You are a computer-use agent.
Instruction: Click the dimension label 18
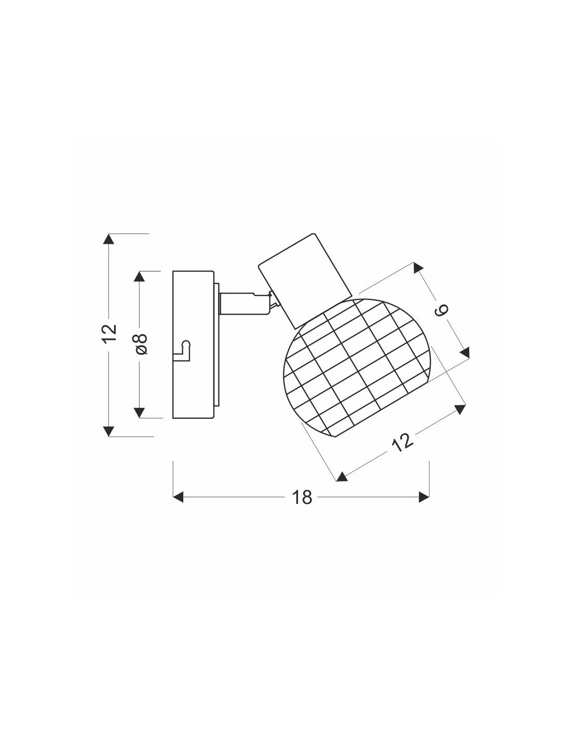click(302, 497)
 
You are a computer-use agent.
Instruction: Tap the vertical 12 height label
click(110, 333)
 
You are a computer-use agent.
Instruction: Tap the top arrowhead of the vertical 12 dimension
click(108, 239)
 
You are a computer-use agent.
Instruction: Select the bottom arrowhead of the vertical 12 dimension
click(108, 431)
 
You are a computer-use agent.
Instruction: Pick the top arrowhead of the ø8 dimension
click(139, 276)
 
